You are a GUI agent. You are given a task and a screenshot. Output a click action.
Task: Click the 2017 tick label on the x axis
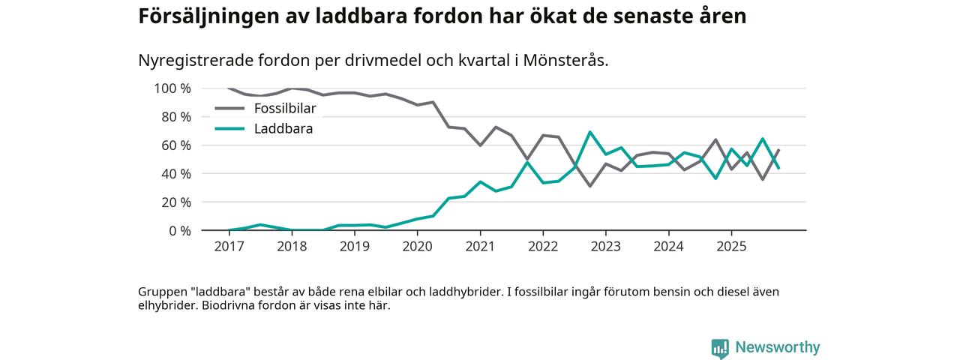click(229, 246)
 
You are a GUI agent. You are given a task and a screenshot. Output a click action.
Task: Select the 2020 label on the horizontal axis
click(417, 246)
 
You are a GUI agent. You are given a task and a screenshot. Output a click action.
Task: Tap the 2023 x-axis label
click(605, 246)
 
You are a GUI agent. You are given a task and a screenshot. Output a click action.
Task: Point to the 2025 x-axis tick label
click(731, 246)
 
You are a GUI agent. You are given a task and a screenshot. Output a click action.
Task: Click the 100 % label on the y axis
click(172, 88)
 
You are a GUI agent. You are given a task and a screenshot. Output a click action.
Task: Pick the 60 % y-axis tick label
click(175, 145)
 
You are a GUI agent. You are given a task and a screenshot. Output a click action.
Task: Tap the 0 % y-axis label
click(179, 231)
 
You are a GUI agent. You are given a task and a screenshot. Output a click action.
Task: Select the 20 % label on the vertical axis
click(175, 202)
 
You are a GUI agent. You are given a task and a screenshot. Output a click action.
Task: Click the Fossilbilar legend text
click(285, 109)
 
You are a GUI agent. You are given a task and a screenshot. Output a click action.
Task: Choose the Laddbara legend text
click(283, 129)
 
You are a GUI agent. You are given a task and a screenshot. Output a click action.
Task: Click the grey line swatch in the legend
click(230, 109)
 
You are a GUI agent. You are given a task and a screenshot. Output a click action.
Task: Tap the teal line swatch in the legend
click(230, 129)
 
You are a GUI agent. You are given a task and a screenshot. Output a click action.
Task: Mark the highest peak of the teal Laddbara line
click(590, 132)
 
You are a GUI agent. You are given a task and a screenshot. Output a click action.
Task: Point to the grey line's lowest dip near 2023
click(590, 185)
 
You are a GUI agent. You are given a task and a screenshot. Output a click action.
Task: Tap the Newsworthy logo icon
click(720, 348)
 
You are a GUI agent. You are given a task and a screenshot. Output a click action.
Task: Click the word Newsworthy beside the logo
click(777, 348)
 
